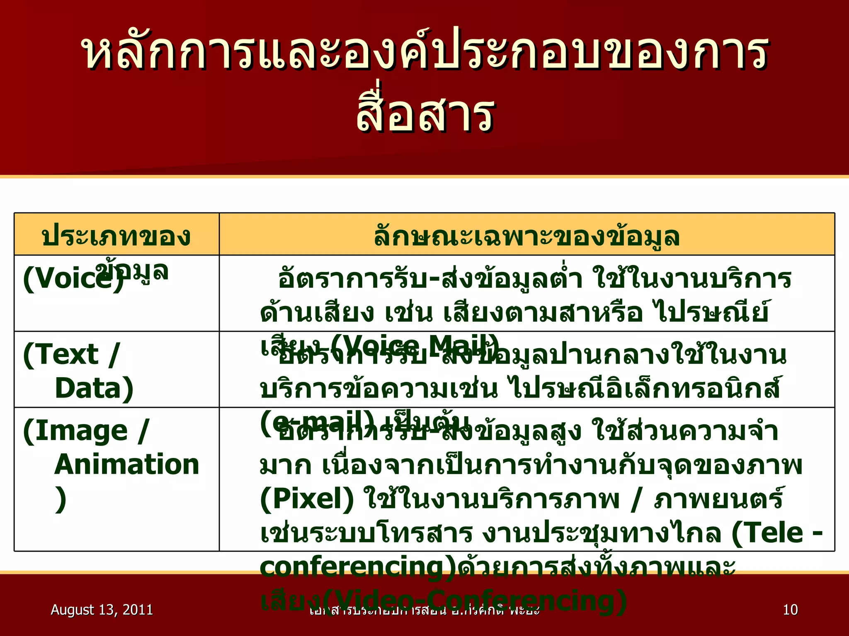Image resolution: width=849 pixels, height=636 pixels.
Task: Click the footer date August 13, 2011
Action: click(102, 609)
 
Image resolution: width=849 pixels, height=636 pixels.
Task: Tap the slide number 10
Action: click(790, 609)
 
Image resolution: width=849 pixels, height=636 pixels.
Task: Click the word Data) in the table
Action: click(94, 388)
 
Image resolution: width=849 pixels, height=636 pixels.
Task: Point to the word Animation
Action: click(127, 464)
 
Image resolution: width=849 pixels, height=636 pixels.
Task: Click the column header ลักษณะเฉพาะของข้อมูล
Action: click(526, 236)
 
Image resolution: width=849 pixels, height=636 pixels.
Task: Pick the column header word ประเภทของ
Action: click(116, 236)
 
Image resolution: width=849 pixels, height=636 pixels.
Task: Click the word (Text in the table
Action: click(61, 354)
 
